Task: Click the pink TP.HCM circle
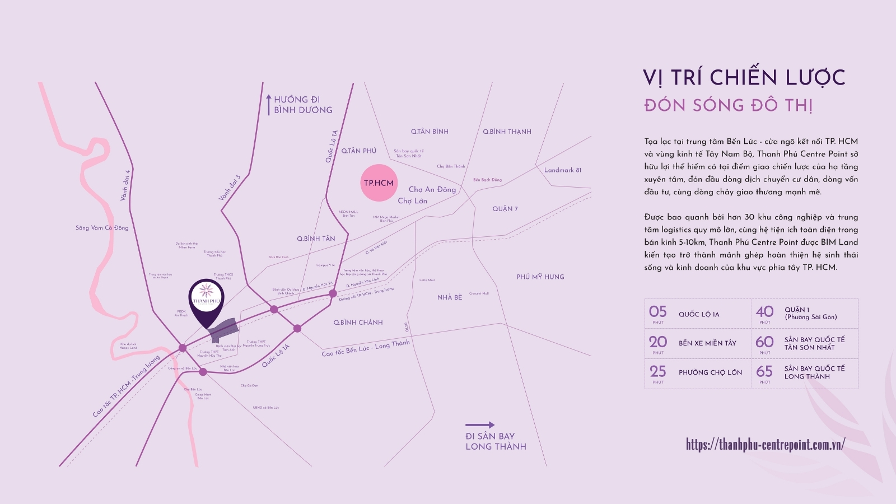click(379, 183)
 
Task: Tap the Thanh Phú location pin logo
click(206, 296)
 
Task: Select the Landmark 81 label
click(562, 170)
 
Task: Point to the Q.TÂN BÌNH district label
click(430, 132)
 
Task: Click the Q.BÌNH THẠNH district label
click(507, 132)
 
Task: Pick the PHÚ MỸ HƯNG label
click(540, 277)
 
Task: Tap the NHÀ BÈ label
click(450, 297)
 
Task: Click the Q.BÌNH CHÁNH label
click(358, 323)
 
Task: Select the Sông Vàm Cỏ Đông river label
click(102, 228)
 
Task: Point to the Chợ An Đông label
click(432, 189)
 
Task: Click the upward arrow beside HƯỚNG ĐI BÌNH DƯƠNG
click(268, 105)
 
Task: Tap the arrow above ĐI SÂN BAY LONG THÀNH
click(480, 424)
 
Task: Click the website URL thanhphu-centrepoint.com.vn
click(765, 445)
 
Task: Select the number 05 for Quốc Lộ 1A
click(658, 312)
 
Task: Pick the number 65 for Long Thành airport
click(764, 371)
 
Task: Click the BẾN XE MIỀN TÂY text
click(707, 343)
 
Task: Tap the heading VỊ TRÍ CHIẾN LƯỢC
click(744, 77)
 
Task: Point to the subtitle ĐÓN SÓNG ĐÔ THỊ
click(728, 105)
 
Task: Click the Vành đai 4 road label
click(125, 185)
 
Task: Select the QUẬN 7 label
click(505, 209)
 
